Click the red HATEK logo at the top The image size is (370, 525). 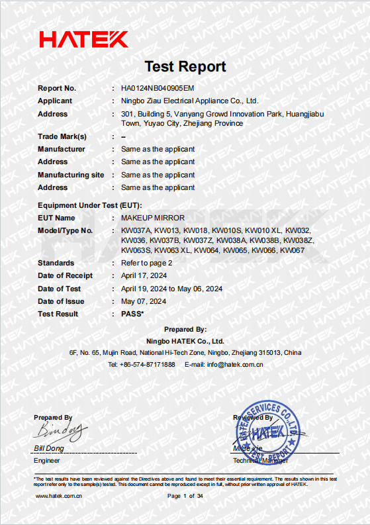tap(83, 40)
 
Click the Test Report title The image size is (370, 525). tap(185, 66)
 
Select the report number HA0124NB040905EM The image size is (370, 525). tap(158, 88)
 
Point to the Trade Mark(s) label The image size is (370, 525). tap(62, 136)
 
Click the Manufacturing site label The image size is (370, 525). tap(71, 175)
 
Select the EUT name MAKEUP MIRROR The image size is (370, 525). tap(153, 218)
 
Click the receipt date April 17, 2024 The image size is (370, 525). tap(143, 275)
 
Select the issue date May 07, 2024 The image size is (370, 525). tap(144, 301)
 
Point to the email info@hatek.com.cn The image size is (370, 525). tap(224, 364)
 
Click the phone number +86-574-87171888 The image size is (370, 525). tap(142, 364)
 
